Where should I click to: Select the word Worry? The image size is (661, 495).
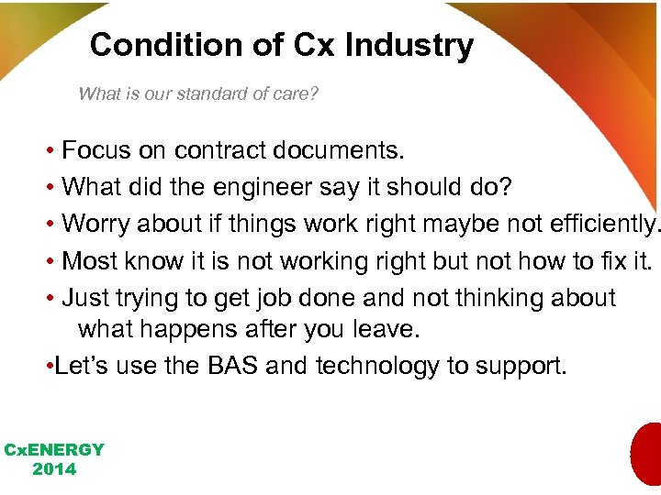pos(97,225)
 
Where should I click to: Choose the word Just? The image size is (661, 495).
pos(86,299)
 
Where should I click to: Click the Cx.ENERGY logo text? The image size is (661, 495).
pos(54,450)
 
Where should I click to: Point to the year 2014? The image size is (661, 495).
pos(54,469)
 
